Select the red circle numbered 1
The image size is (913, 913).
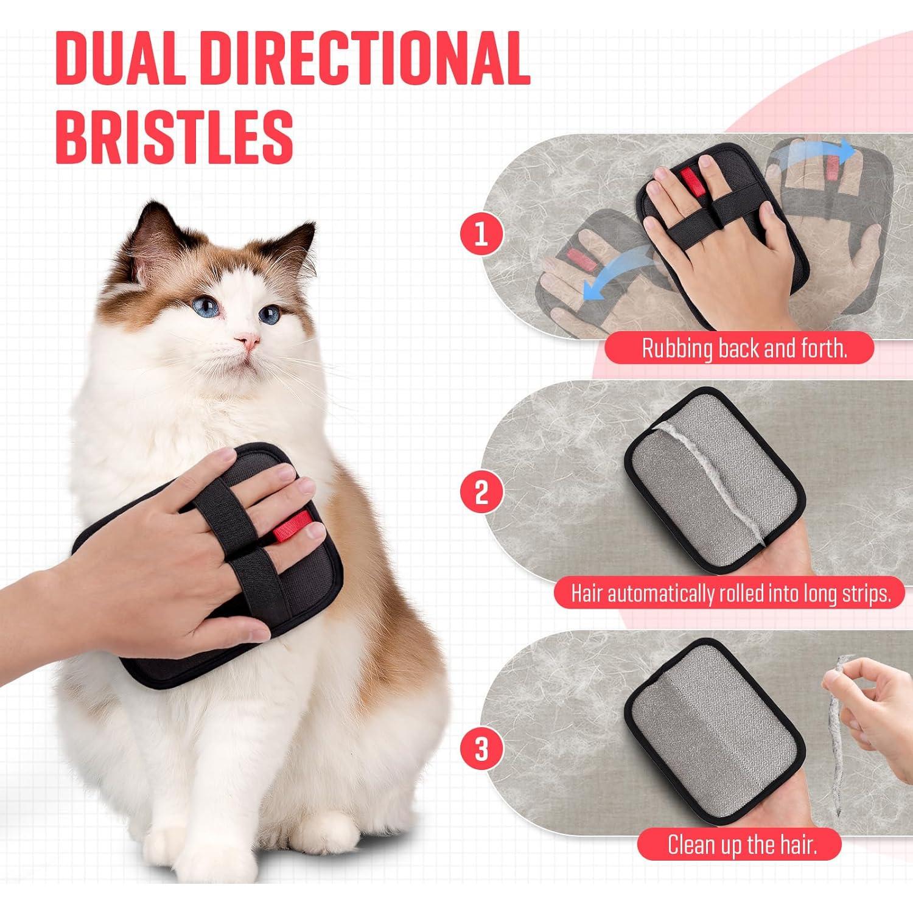pyautogui.click(x=481, y=234)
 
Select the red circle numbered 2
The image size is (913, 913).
pyautogui.click(x=481, y=492)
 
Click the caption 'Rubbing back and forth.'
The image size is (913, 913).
pyautogui.click(x=744, y=349)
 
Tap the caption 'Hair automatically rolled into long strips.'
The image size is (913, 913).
pyautogui.click(x=730, y=593)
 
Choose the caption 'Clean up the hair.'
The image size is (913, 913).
pyautogui.click(x=741, y=845)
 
